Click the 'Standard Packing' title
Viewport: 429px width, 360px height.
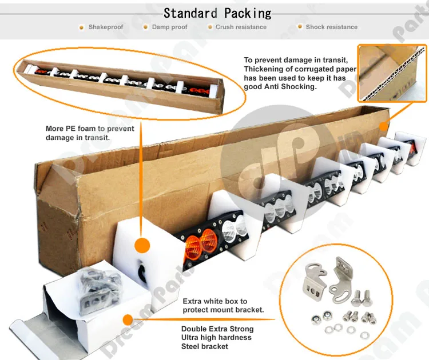[217, 13]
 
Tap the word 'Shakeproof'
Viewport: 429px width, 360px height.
[106, 27]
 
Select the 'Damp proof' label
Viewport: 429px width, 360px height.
[169, 27]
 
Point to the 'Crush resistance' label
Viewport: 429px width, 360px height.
[241, 27]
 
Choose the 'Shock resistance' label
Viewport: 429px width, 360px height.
[331, 27]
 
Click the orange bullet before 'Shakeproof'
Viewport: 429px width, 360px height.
[81, 27]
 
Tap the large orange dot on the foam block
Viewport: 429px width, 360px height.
[141, 246]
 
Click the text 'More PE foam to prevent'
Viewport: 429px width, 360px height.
[90, 129]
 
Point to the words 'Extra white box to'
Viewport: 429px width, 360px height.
[215, 301]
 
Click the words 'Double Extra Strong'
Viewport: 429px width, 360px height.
[217, 329]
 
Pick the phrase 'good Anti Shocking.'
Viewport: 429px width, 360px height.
[280, 87]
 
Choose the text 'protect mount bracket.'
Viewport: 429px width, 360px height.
[223, 310]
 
